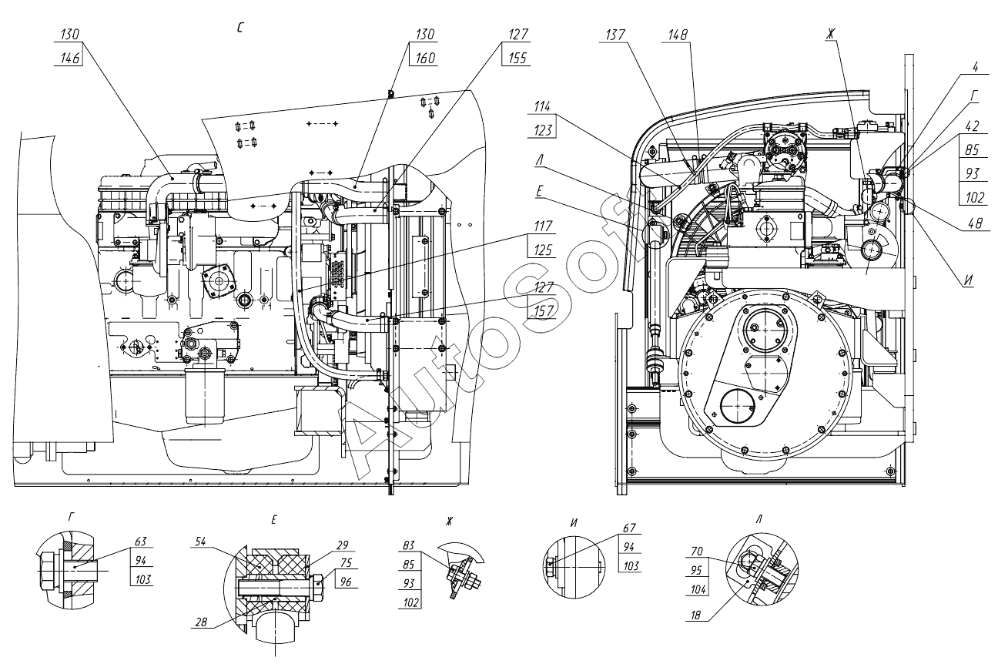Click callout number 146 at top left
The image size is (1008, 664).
(70, 58)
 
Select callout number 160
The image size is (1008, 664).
(425, 58)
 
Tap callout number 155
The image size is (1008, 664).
(517, 58)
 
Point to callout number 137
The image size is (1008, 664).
(615, 35)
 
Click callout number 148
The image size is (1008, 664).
(678, 35)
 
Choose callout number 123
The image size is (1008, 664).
(543, 130)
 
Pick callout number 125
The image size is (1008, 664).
(543, 250)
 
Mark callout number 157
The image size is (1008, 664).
(543, 310)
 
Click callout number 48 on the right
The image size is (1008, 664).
(975, 223)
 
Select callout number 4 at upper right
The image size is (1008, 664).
(975, 67)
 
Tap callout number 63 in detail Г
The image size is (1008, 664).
(141, 541)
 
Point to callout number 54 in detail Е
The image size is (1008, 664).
(200, 541)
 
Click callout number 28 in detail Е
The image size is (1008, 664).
(201, 622)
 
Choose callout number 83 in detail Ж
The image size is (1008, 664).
(409, 545)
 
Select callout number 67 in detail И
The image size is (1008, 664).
(630, 528)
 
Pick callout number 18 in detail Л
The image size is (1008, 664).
(695, 615)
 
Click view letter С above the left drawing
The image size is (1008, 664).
(240, 28)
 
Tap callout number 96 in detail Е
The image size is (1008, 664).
(346, 582)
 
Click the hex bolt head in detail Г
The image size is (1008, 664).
(47, 571)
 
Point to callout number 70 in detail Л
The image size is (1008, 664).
(697, 552)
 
